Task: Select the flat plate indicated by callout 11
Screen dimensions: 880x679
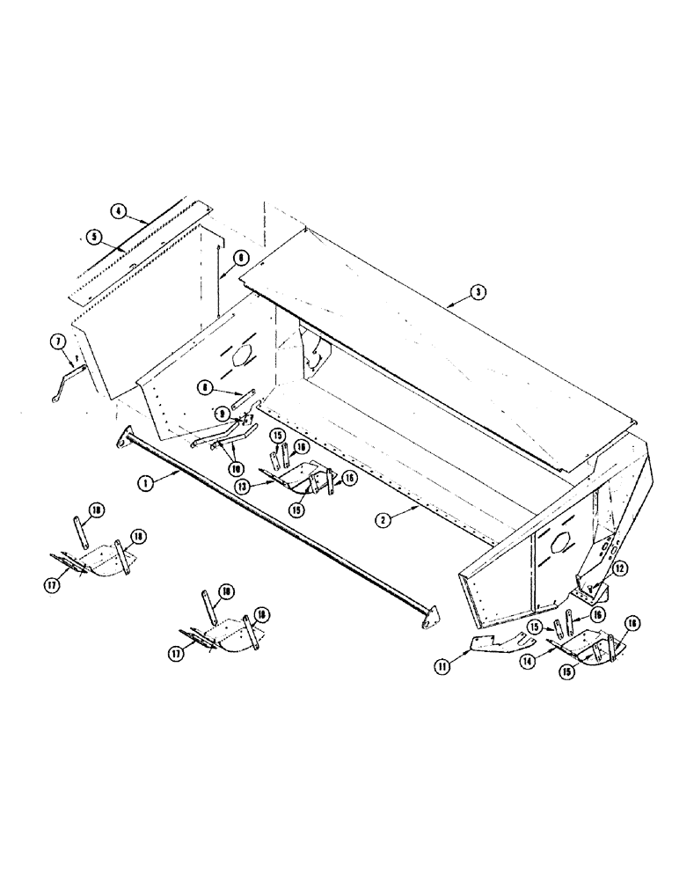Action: tap(493, 648)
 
